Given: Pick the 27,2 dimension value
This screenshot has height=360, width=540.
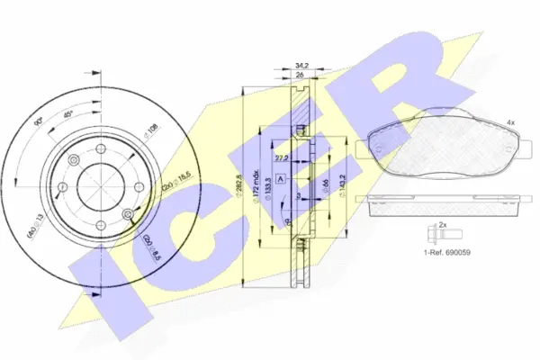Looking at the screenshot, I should [x=282, y=157].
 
